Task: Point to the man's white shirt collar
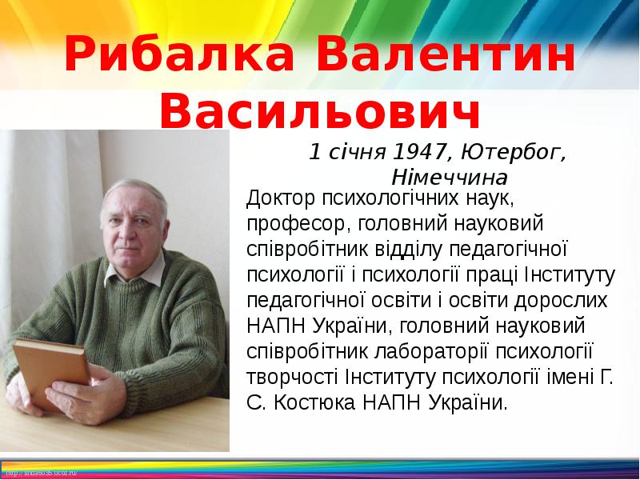120,272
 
